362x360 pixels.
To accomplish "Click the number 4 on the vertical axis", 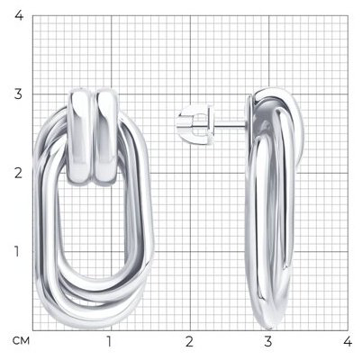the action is coord(19,15).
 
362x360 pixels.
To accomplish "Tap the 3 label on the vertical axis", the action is coord(18,94).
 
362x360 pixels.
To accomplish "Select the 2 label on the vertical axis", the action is coord(18,173).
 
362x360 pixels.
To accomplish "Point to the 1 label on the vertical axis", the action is coord(17,251).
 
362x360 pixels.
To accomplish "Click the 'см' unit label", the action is coord(21,341).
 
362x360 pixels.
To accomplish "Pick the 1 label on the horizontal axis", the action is coord(109,341).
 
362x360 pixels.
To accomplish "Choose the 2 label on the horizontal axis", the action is coord(189,341).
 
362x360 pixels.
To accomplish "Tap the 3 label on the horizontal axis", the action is coord(268,341).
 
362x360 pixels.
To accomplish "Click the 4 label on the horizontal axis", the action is coord(348,341).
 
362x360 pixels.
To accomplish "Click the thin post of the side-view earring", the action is coord(230,123).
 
